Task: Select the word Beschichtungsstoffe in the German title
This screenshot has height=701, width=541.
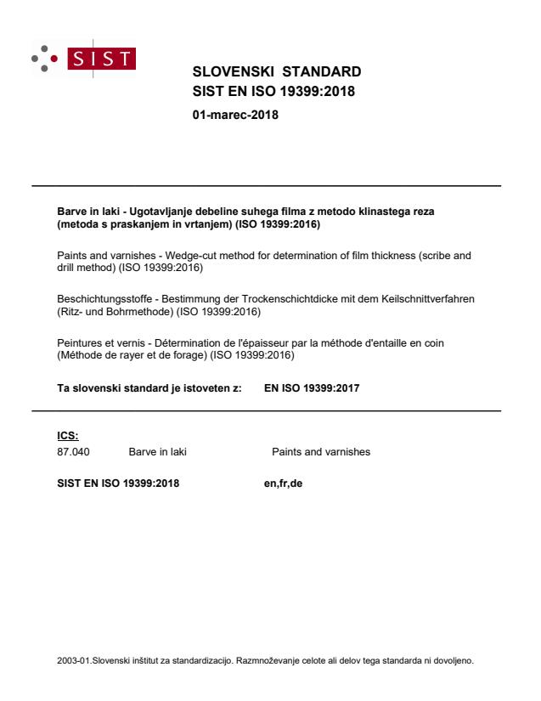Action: pos(87,300)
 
